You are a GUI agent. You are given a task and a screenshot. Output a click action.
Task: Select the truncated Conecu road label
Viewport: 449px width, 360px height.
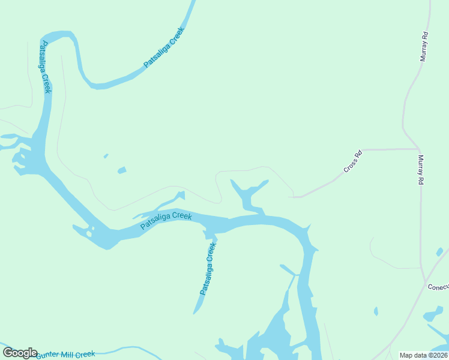tap(438, 287)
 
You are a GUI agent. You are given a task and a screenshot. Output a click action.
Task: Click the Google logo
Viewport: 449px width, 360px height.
tap(20, 353)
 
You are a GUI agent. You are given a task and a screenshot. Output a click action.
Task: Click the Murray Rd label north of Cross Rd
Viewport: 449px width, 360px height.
tap(424, 46)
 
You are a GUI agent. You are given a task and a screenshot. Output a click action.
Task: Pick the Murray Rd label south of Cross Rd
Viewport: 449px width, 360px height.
tap(421, 170)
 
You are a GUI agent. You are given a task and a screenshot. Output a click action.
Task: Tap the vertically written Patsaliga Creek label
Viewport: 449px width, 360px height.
tap(45, 67)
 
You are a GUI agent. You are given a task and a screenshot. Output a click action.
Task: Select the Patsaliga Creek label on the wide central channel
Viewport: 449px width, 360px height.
tap(166, 220)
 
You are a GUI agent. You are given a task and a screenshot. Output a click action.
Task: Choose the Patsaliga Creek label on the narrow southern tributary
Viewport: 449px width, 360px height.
tap(208, 269)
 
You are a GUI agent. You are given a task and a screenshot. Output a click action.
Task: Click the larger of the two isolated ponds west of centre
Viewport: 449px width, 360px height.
tap(122, 170)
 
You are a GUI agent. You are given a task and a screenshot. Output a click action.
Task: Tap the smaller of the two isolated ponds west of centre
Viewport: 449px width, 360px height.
tap(106, 156)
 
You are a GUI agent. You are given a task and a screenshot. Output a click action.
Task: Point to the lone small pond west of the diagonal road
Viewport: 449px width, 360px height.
tap(376, 311)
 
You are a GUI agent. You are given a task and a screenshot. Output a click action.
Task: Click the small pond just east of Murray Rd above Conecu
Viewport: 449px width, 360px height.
tap(439, 252)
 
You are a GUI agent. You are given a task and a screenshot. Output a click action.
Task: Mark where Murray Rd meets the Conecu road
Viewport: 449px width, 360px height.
tap(425, 282)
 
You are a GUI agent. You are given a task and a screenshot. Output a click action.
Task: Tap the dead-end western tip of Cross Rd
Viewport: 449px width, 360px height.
tap(290, 196)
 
